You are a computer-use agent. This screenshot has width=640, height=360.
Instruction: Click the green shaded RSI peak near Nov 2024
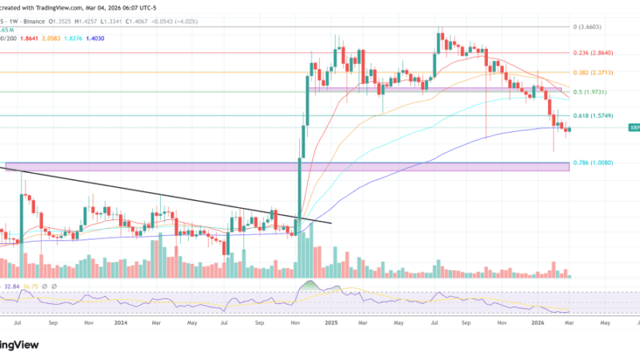(x=307, y=286)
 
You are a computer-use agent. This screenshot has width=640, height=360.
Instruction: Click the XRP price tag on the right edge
(x=634, y=127)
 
